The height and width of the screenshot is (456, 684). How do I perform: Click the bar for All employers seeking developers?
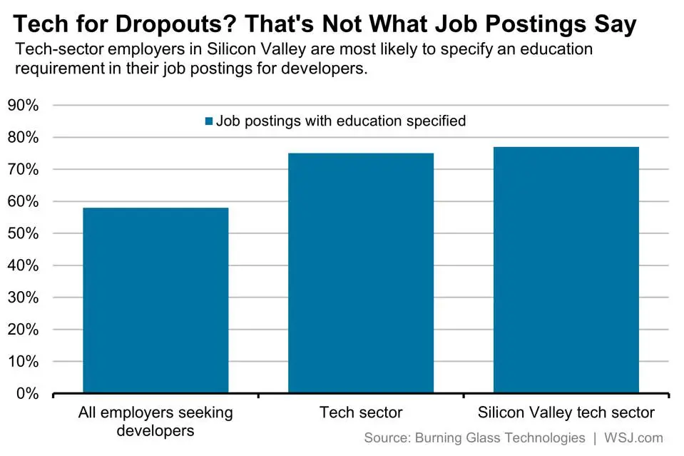[x=155, y=300]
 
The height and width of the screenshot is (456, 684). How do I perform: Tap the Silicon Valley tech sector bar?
[x=566, y=270]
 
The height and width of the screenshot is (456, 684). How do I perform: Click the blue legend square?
[x=209, y=121]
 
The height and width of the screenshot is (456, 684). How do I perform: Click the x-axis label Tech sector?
[x=361, y=412]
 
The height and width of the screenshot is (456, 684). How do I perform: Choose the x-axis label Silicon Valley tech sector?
[x=566, y=412]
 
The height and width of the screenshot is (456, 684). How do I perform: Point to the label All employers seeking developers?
[x=155, y=421]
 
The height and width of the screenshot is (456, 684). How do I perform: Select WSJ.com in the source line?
[x=635, y=437]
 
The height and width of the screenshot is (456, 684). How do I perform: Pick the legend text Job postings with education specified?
[x=341, y=121]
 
